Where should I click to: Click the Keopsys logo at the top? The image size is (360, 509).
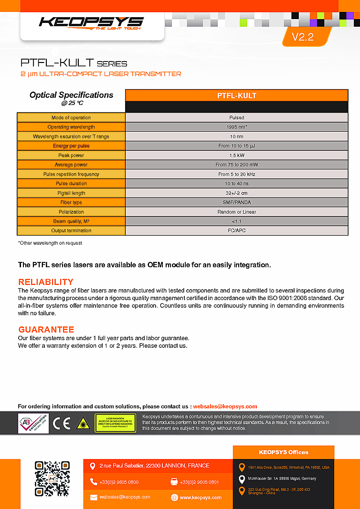tap(91, 22)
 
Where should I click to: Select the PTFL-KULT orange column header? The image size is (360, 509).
tap(236, 95)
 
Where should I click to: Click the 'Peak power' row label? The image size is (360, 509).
tap(71, 156)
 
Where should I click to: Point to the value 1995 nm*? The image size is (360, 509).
tap(236, 127)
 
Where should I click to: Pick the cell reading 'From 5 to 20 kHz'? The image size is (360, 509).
tap(236, 174)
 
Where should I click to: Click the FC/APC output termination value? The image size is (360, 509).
tap(236, 230)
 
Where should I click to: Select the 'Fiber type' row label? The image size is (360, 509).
tap(71, 202)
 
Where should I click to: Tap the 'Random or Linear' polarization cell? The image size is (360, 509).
tap(236, 212)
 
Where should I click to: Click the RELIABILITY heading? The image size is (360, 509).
tap(46, 281)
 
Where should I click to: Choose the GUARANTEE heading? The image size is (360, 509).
tap(46, 330)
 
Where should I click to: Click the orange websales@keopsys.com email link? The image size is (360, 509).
tap(225, 406)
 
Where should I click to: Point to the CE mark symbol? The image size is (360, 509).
tap(62, 424)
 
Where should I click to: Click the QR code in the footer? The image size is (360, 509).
tap(52, 478)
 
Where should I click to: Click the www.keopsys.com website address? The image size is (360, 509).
tap(201, 498)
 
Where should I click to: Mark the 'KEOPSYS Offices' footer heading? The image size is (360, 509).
tap(284, 452)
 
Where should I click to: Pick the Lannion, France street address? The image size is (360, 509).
tap(154, 466)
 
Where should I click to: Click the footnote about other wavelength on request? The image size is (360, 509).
tap(50, 243)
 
